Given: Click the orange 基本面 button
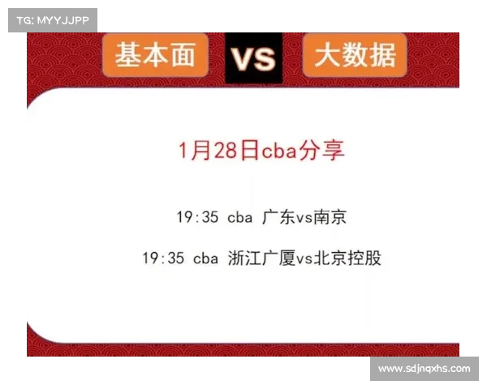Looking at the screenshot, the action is pyautogui.click(x=155, y=55).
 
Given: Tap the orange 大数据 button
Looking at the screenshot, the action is pyautogui.click(x=355, y=55).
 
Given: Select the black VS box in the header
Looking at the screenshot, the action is pyautogui.click(x=254, y=58).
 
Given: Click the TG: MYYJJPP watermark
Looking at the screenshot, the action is pyautogui.click(x=53, y=20).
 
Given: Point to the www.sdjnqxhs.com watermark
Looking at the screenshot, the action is pyautogui.click(x=425, y=369).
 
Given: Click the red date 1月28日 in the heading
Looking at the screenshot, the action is pyautogui.click(x=218, y=151).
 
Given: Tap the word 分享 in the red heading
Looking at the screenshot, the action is pyautogui.click(x=321, y=151).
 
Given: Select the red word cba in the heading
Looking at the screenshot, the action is pyautogui.click(x=279, y=151).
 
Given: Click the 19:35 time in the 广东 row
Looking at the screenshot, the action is pyautogui.click(x=197, y=217).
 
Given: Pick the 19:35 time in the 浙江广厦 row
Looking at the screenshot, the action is pyautogui.click(x=163, y=258).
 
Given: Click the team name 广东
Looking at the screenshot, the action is pyautogui.click(x=278, y=217).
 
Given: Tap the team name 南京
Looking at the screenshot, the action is pyautogui.click(x=330, y=217).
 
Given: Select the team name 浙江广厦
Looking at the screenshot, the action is pyautogui.click(x=261, y=258).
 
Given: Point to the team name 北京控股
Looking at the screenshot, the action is pyautogui.click(x=347, y=258).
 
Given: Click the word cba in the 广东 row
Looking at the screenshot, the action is pyautogui.click(x=239, y=217).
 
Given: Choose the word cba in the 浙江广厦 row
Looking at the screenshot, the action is pyautogui.click(x=205, y=259).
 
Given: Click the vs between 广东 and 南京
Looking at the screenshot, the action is pyautogui.click(x=304, y=218).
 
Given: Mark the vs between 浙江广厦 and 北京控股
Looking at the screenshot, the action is pyautogui.click(x=304, y=259).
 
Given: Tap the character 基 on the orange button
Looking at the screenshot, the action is pyautogui.click(x=128, y=55).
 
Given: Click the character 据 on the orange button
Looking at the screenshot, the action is pyautogui.click(x=382, y=55).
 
